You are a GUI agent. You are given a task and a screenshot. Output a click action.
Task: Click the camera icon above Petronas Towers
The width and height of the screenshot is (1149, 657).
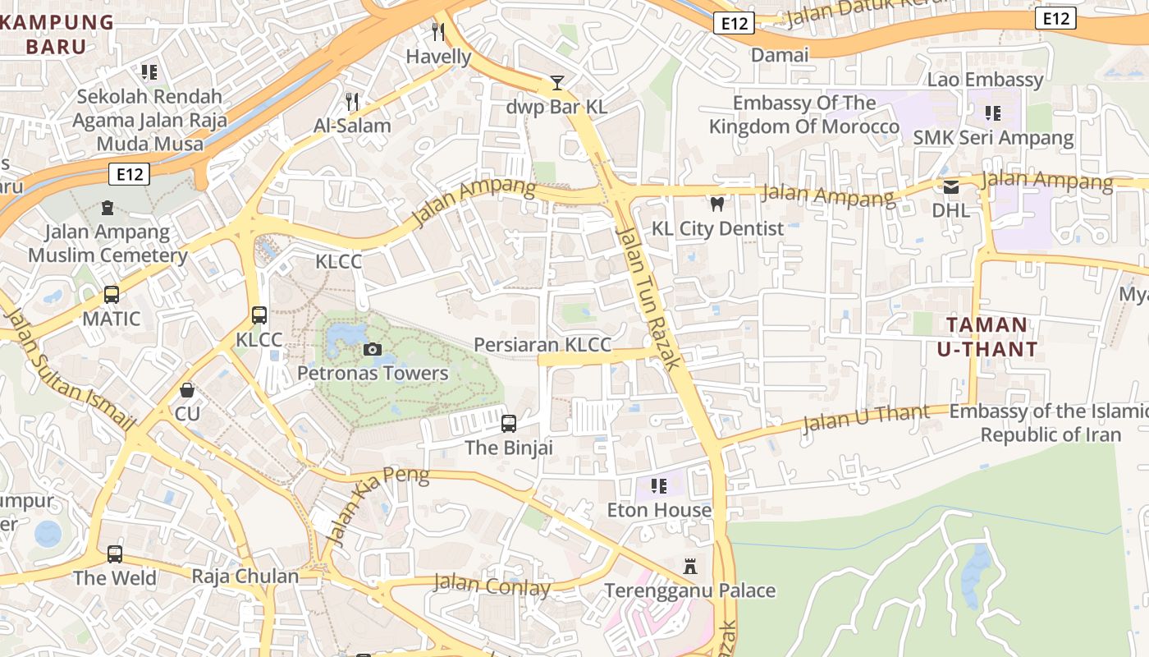click(x=373, y=350)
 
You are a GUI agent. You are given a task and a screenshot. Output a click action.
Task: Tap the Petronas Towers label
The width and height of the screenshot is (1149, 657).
click(x=373, y=374)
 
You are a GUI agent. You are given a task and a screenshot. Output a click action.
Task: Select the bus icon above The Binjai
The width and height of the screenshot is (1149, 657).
click(x=509, y=424)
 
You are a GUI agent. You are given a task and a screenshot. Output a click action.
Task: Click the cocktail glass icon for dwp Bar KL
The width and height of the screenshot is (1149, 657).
click(x=557, y=82)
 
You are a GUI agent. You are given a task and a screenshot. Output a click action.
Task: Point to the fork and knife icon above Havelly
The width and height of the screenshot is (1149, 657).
click(x=438, y=32)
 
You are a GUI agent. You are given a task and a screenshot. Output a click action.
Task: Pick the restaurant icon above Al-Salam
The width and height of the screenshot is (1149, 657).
click(x=352, y=101)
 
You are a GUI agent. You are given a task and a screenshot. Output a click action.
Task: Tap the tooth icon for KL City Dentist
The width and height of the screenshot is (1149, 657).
click(x=717, y=204)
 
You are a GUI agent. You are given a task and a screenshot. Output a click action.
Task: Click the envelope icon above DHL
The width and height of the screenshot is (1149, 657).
click(x=951, y=187)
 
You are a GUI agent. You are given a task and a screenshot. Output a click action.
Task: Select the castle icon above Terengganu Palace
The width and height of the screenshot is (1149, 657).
click(x=690, y=567)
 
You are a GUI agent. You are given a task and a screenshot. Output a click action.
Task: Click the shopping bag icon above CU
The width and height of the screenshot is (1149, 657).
click(x=187, y=389)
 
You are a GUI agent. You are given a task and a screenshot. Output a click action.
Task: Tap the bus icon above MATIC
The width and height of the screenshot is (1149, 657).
click(x=112, y=294)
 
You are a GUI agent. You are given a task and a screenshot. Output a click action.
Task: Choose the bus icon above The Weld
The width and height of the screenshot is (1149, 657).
click(x=115, y=554)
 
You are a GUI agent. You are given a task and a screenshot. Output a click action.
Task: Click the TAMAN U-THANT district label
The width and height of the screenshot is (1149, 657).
click(x=987, y=337)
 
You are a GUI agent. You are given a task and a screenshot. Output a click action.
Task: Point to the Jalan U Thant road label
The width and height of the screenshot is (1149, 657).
click(x=866, y=417)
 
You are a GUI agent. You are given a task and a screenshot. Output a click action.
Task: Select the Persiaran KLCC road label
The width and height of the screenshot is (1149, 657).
click(x=543, y=345)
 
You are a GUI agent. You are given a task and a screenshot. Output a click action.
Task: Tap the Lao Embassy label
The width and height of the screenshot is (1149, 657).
click(x=985, y=80)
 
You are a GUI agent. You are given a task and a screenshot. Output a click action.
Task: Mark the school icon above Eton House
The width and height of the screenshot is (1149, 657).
click(x=658, y=486)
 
